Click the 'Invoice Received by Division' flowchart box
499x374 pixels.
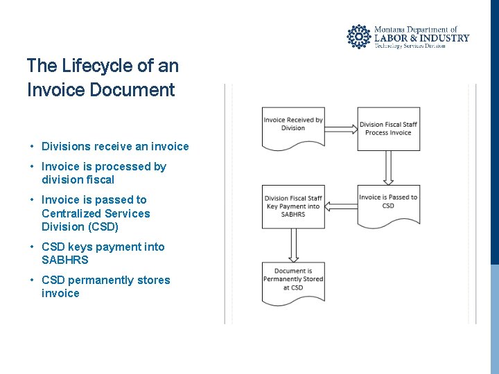(293, 127)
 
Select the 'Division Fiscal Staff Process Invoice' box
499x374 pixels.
(388, 129)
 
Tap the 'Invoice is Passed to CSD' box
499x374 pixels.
(388, 204)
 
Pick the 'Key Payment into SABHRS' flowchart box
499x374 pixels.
(293, 206)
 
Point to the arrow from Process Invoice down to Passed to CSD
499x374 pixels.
(388, 167)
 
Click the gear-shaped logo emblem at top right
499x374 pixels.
(359, 37)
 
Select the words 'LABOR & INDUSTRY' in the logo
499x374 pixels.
(421, 38)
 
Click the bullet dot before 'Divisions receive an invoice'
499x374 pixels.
(33, 147)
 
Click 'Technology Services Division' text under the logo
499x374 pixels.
(410, 46)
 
